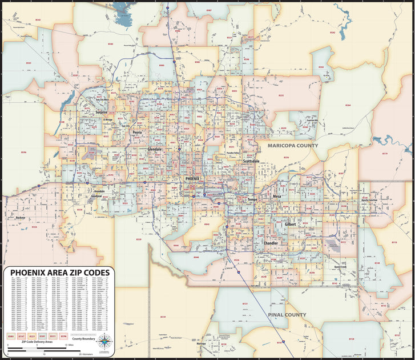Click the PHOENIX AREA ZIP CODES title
pos(59,272)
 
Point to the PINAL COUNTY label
pos(287,315)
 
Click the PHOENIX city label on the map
pos(193,179)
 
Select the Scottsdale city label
pos(251,162)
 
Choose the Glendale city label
pos(155,149)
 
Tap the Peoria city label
pos(137,132)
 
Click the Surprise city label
pos(100,113)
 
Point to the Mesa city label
pos(277,197)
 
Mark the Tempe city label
pos(252,199)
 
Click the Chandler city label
pos(270,243)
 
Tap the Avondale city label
pos(98,191)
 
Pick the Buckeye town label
pos(21,218)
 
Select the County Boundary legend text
pos(83,338)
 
